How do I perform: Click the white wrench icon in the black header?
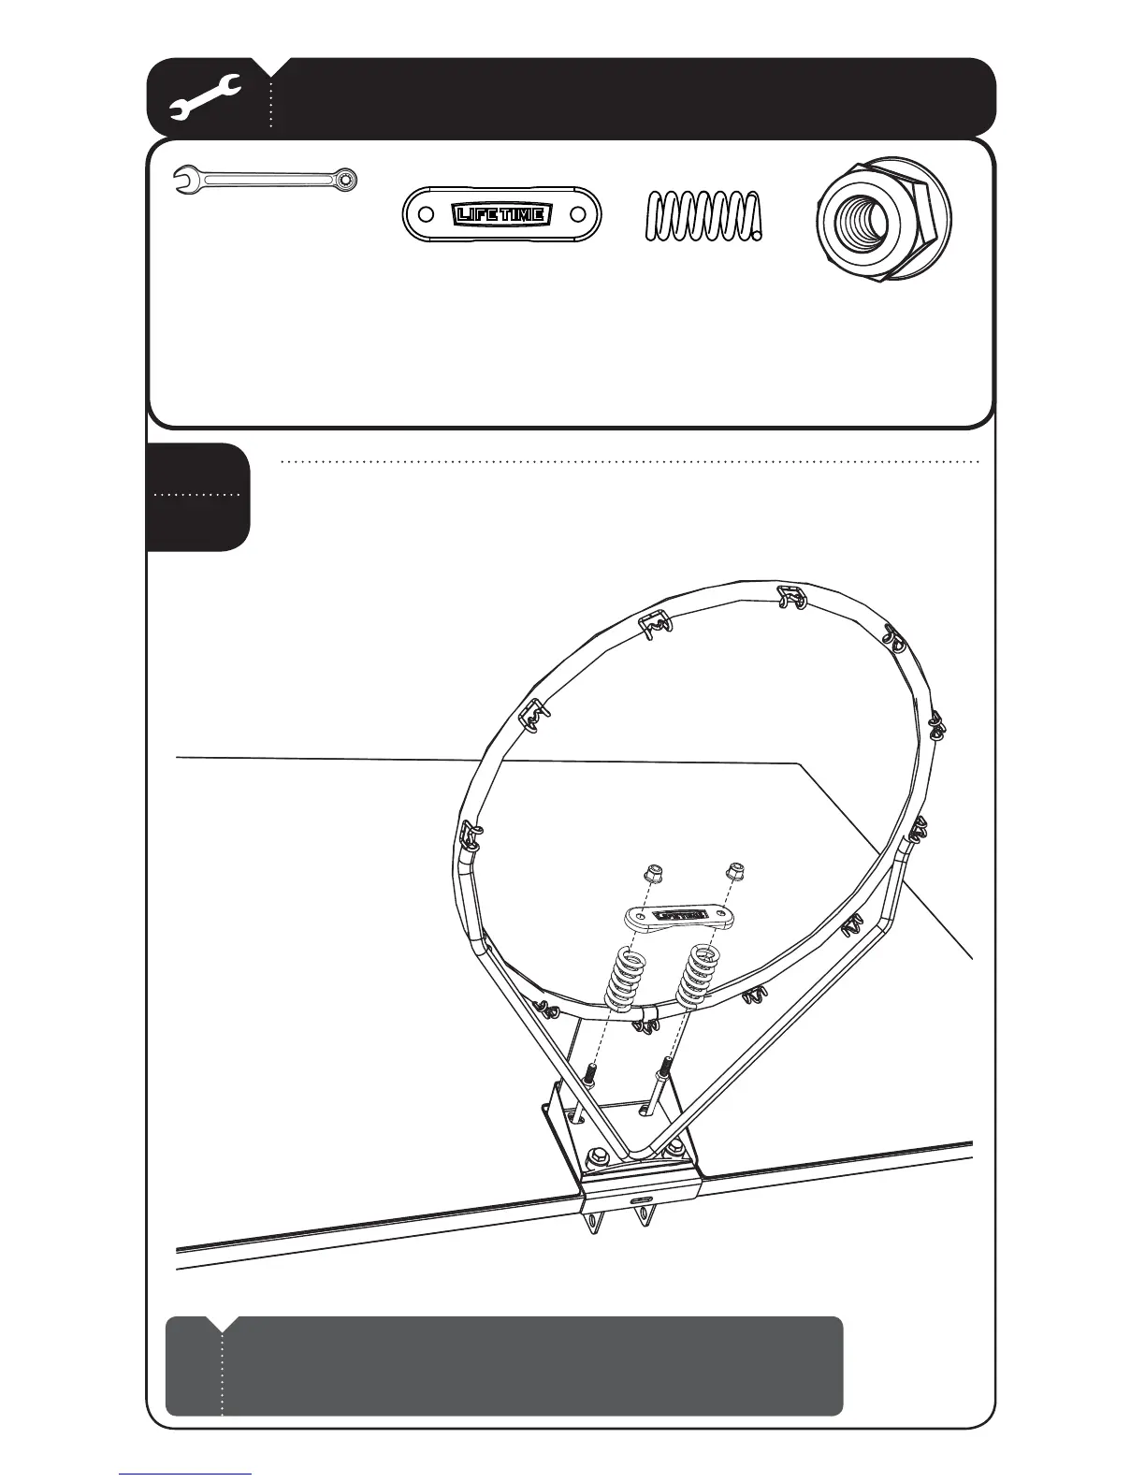click(206, 98)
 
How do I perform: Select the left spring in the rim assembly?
click(625, 978)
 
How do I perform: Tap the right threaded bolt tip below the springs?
click(666, 1066)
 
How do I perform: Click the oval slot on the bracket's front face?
click(642, 1199)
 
